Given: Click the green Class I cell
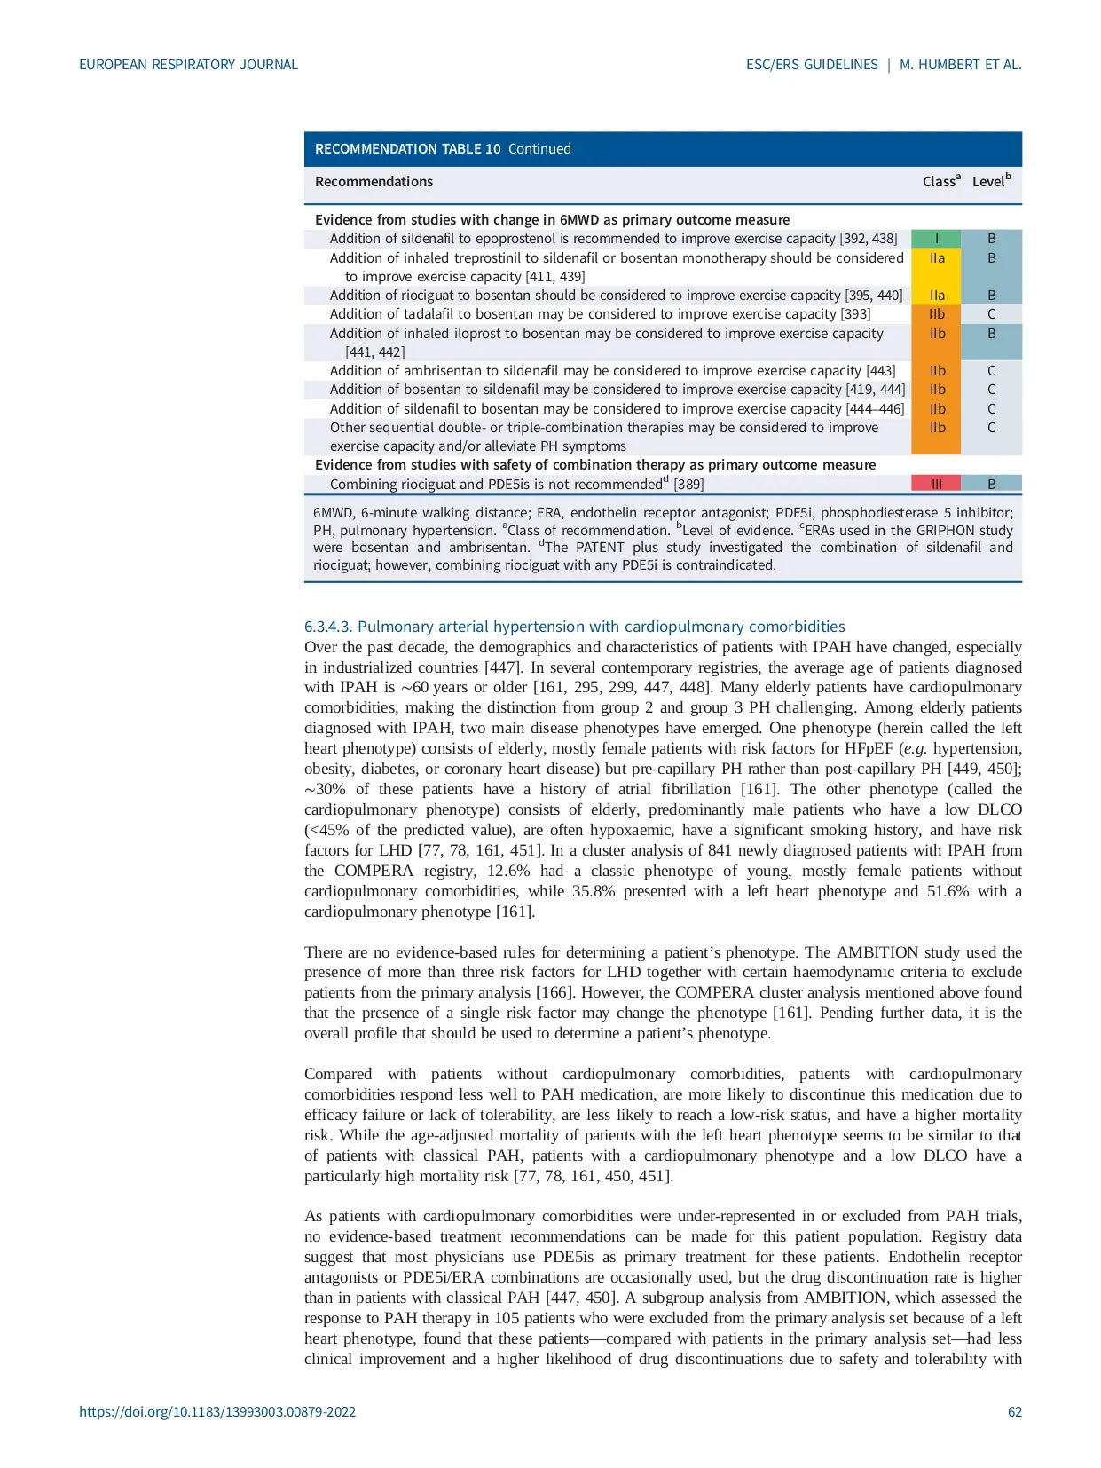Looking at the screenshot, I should click(x=936, y=239).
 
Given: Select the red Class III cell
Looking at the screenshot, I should click(x=936, y=484).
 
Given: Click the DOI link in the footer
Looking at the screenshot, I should click(x=217, y=1411).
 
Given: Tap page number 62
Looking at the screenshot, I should click(x=1014, y=1411).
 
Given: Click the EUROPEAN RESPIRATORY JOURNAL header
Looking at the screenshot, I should click(x=188, y=65).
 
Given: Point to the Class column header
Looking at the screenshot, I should click(x=941, y=181).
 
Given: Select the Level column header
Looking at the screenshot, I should click(x=991, y=181).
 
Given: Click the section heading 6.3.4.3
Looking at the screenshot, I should click(x=574, y=627).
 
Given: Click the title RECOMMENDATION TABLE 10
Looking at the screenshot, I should click(x=407, y=149).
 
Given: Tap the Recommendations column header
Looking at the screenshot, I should click(x=374, y=181).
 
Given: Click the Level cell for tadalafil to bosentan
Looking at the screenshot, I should click(x=991, y=314).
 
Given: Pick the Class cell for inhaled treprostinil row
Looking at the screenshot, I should click(x=936, y=258).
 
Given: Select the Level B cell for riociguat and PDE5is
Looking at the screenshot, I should click(x=991, y=484).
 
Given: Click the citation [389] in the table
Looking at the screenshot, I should click(x=688, y=485).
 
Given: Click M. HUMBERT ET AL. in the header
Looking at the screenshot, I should click(x=960, y=65).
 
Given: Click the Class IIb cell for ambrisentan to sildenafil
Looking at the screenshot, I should click(x=936, y=371).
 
